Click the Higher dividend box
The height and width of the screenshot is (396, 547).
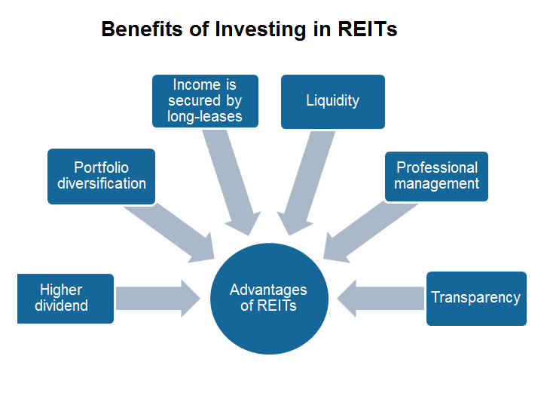[x=66, y=299]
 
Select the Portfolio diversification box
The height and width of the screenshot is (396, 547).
[x=101, y=177]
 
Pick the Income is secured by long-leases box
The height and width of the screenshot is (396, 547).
[x=205, y=101]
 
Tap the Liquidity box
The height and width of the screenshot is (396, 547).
[x=332, y=101]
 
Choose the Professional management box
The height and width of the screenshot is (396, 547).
[x=436, y=177]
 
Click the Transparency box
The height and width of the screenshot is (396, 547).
[x=475, y=299]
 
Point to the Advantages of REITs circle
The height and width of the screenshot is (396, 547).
[x=268, y=299]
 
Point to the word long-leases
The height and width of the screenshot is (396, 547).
[x=205, y=117]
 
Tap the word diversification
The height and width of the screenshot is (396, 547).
[x=102, y=183]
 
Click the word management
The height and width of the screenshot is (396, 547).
[x=436, y=183]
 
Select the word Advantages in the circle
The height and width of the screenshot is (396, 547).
[x=268, y=290]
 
